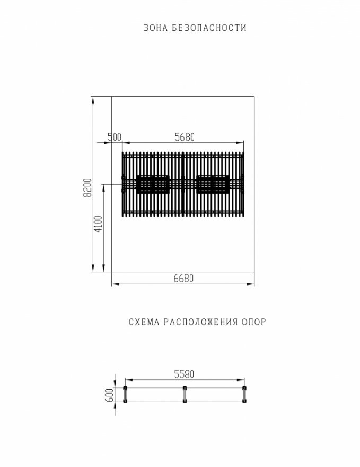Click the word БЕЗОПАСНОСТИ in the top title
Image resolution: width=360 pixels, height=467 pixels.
[209, 28]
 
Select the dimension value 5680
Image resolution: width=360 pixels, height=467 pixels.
[185, 137]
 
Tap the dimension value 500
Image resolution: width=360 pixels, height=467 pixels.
[114, 137]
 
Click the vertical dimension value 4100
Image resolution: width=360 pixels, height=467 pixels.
[98, 224]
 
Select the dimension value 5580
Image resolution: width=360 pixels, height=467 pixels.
[184, 374]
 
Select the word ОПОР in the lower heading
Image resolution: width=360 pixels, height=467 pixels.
[253, 322]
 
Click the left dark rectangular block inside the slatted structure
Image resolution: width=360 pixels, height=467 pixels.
[153, 184]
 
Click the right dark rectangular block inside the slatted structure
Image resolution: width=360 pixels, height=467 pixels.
[213, 184]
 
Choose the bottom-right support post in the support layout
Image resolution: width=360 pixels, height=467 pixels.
[244, 402]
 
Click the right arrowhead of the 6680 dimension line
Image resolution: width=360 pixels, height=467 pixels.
[253, 284]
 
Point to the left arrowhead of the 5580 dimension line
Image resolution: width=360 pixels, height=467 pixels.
[127, 379]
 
